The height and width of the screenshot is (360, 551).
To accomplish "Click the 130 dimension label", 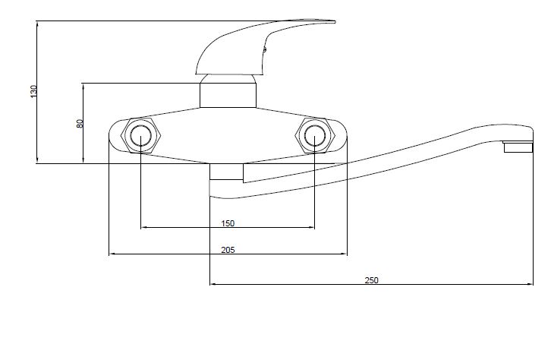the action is pos(33,91).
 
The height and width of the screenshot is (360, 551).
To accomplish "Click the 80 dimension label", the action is pos(80,123).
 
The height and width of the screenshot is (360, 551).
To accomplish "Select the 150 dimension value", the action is pos(228,223).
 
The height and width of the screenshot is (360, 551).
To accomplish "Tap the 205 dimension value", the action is pos(228,250).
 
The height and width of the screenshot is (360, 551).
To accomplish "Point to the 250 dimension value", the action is pos(371,280).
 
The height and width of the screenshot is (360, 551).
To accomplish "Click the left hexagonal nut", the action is pos(140,135).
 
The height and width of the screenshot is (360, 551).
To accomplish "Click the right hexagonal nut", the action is pos(315,135).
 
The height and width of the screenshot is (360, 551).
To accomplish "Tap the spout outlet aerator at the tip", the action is pos(518,147).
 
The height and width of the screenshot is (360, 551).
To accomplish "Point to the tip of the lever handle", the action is pos(335,22).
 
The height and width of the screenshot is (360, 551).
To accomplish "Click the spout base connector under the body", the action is pos(226,172).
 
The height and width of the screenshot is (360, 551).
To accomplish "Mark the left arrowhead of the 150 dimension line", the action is pos(143,227).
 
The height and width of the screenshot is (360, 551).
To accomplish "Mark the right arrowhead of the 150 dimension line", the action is pos(313,227).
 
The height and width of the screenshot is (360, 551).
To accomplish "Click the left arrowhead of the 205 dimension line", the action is pos(112,254).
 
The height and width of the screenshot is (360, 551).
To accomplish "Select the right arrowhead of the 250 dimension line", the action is pos(531,284).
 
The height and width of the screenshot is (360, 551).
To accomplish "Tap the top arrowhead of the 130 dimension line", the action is pos(37,24).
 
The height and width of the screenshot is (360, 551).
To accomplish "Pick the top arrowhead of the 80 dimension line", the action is pos(83,86).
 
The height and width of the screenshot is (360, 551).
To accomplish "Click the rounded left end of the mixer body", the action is pos(112,135).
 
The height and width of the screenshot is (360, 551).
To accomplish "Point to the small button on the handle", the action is pos(265,49).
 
